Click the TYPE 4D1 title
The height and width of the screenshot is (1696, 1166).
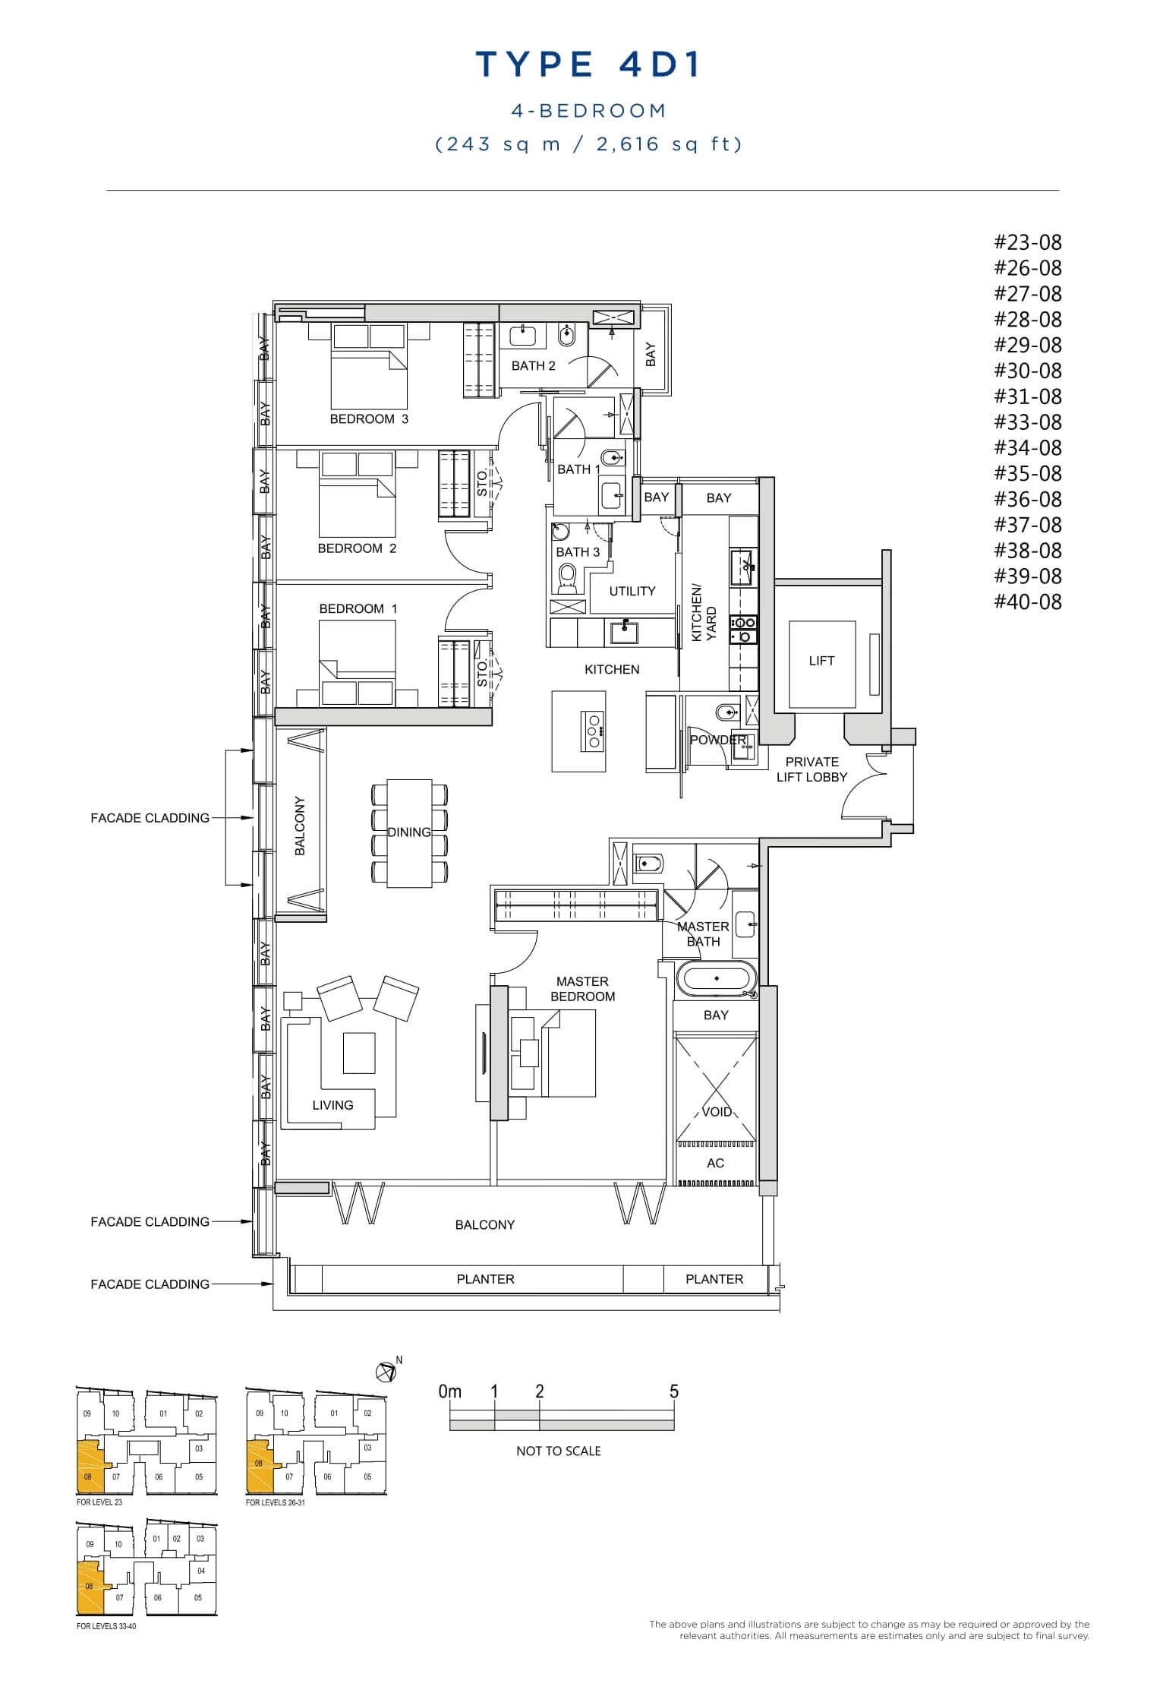point(588,65)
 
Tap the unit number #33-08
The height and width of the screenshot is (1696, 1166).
point(1028,422)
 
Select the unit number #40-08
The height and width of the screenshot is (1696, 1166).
point(1028,602)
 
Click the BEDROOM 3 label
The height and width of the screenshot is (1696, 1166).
point(369,418)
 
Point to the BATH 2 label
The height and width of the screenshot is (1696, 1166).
point(533,365)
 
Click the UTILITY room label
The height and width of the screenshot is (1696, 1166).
point(632,591)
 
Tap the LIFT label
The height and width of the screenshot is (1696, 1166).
point(821,661)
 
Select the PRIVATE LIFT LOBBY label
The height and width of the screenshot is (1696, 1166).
point(811,769)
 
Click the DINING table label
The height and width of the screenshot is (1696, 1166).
point(409,832)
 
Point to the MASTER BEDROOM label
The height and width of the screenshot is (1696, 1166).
point(582,989)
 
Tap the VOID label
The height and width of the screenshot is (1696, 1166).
point(717,1112)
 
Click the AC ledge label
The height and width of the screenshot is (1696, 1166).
point(715,1163)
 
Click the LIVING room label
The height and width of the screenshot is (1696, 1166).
point(332,1105)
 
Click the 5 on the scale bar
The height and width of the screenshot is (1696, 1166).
point(673,1391)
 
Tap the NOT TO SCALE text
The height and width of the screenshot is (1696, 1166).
point(558,1451)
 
